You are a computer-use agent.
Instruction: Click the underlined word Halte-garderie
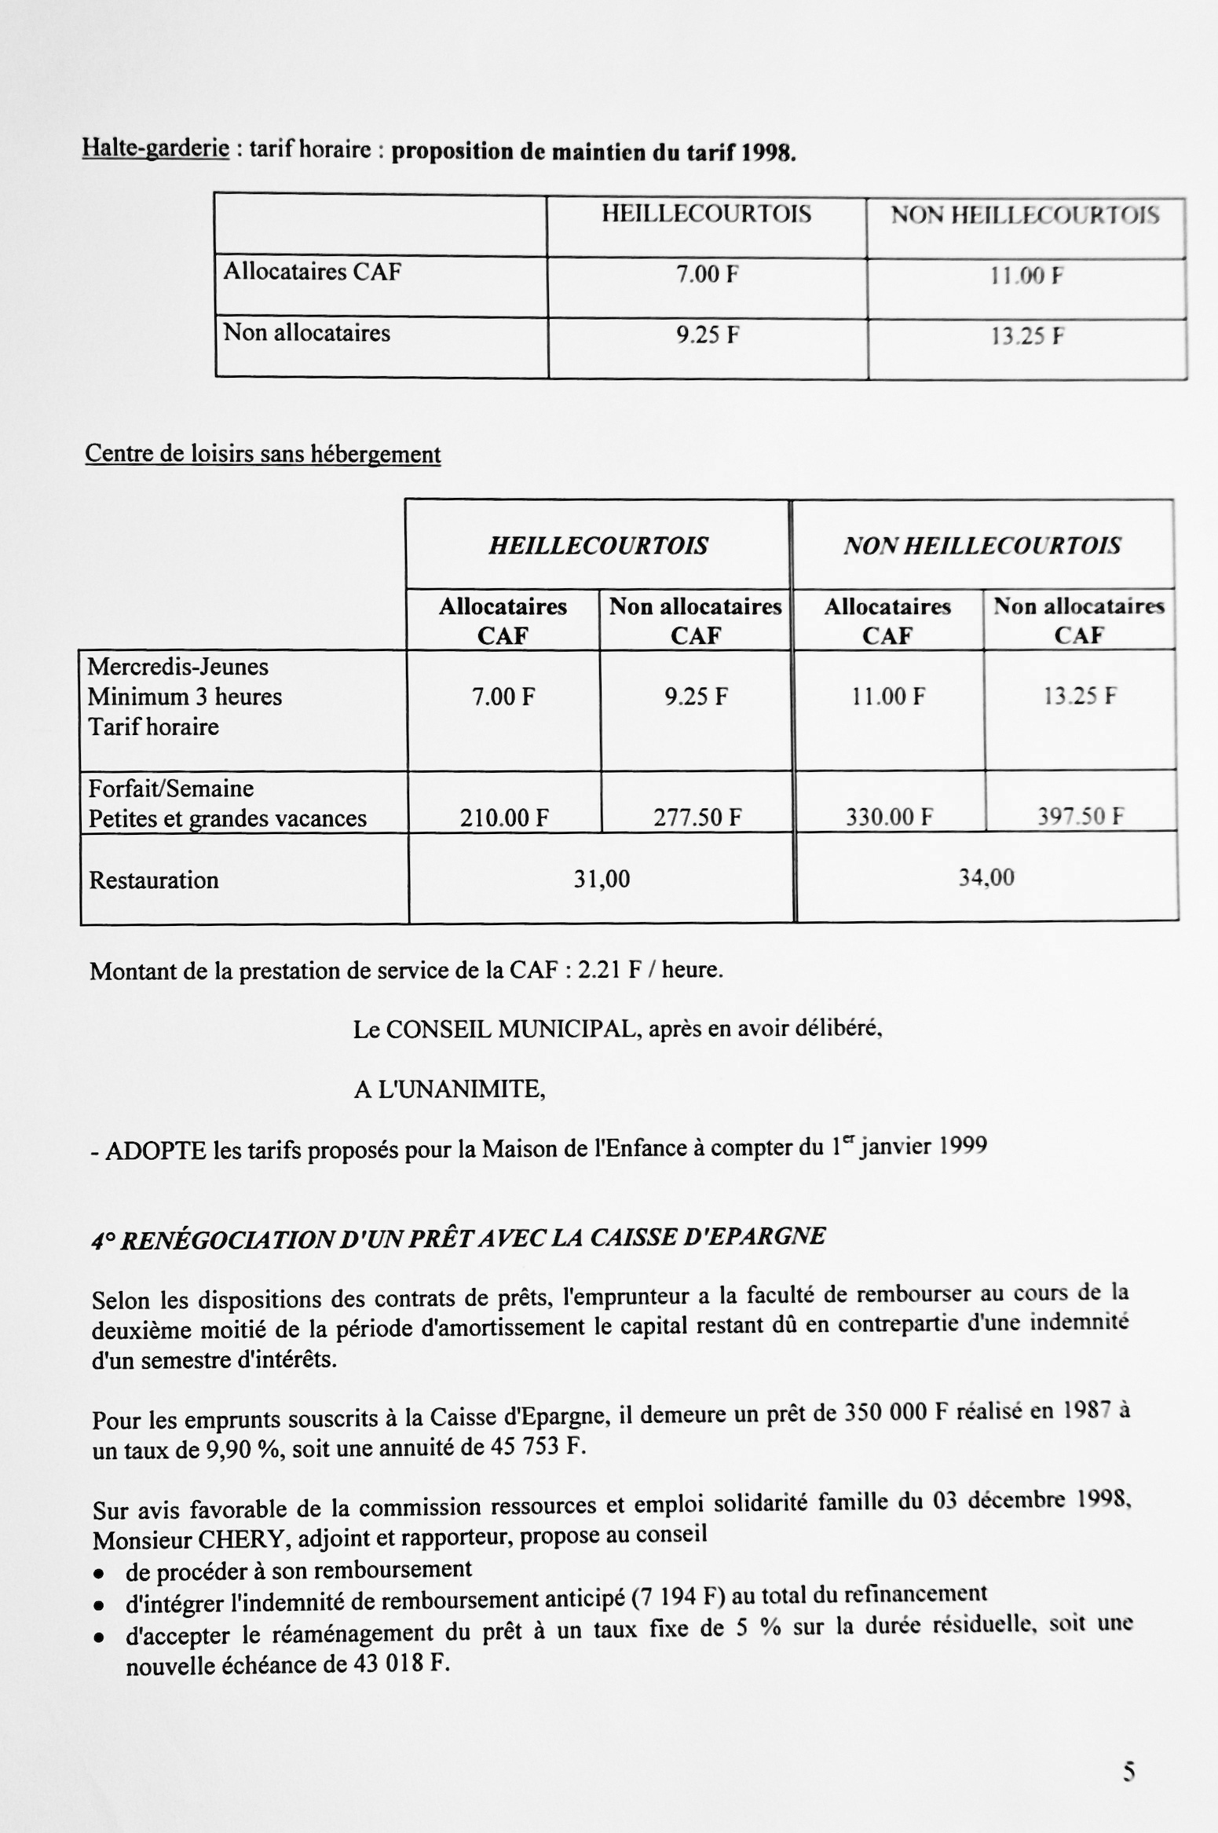point(155,148)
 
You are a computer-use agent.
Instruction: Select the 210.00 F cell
point(504,818)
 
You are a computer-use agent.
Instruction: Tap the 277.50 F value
point(697,818)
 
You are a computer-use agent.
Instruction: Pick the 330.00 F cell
point(889,818)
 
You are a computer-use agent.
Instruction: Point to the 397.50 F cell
point(1081,817)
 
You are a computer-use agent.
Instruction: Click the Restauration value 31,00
point(602,879)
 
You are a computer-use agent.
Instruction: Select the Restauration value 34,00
point(986,877)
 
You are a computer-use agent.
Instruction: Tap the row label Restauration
point(154,880)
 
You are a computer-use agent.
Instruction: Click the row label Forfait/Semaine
point(171,788)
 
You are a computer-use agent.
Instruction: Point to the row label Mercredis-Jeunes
point(177,667)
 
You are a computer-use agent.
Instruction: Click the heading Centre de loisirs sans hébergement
point(262,454)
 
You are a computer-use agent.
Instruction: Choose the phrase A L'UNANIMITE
point(449,1090)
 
